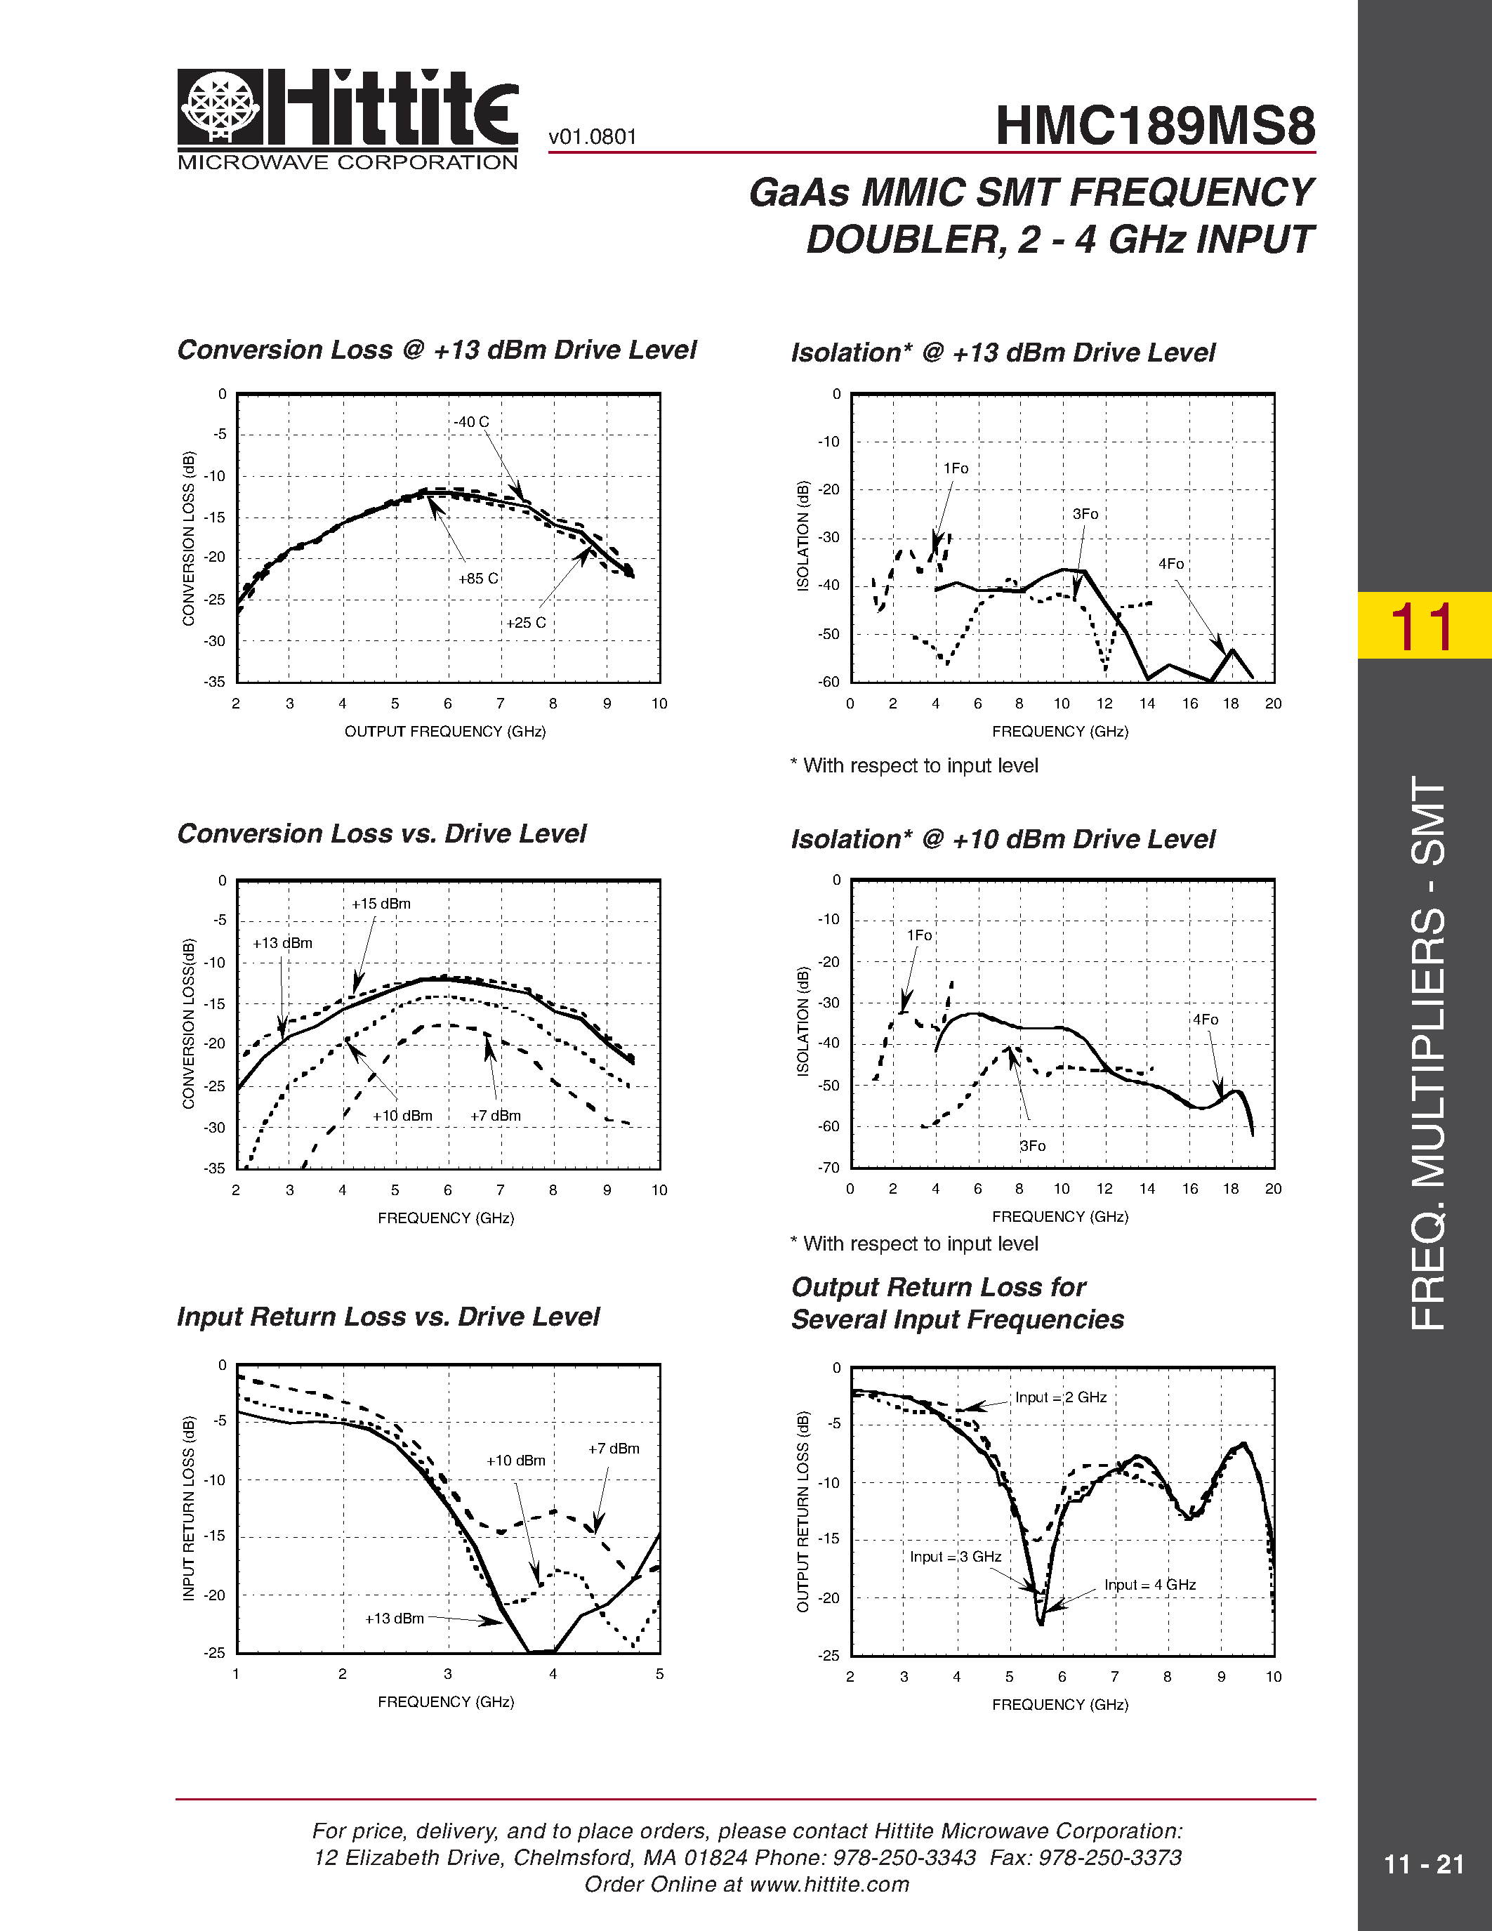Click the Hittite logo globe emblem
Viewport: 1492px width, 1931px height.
click(220, 107)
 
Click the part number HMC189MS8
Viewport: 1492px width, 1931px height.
click(1154, 126)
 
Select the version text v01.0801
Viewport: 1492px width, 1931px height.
click(592, 137)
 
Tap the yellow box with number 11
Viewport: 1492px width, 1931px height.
click(1423, 626)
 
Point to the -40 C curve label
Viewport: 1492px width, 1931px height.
click(471, 423)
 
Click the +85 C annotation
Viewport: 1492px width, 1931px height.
click(478, 578)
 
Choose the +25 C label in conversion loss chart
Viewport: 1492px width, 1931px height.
click(526, 622)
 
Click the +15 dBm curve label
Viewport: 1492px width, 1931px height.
click(381, 904)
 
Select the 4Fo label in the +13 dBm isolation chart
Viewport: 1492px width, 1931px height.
click(1171, 564)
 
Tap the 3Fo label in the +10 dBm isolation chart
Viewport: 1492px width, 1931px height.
click(1032, 1146)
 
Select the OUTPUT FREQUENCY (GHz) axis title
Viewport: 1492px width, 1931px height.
click(444, 731)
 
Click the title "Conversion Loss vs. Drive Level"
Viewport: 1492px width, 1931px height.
click(382, 833)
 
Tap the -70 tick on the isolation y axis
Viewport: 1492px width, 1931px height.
click(828, 1168)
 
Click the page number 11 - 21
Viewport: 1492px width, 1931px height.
click(1423, 1865)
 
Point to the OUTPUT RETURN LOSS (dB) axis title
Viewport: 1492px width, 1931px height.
click(803, 1512)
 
